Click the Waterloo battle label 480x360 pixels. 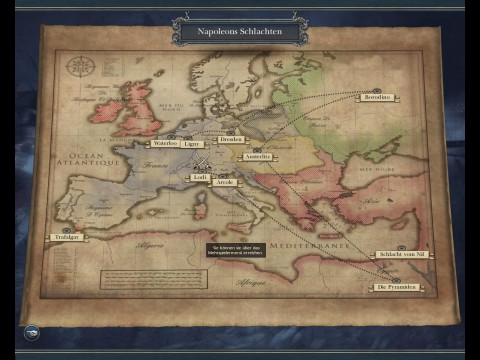pyautogui.click(x=165, y=143)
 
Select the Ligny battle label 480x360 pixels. pyautogui.click(x=193, y=143)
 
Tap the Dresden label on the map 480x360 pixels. pyautogui.click(x=232, y=139)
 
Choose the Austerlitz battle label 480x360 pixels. pyautogui.click(x=256, y=156)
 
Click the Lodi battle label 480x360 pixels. pyautogui.click(x=200, y=177)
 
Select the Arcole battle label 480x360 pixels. pyautogui.click(x=225, y=184)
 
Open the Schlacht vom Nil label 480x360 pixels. pyautogui.click(x=403, y=255)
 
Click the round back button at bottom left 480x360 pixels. pyautogui.click(x=32, y=332)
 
